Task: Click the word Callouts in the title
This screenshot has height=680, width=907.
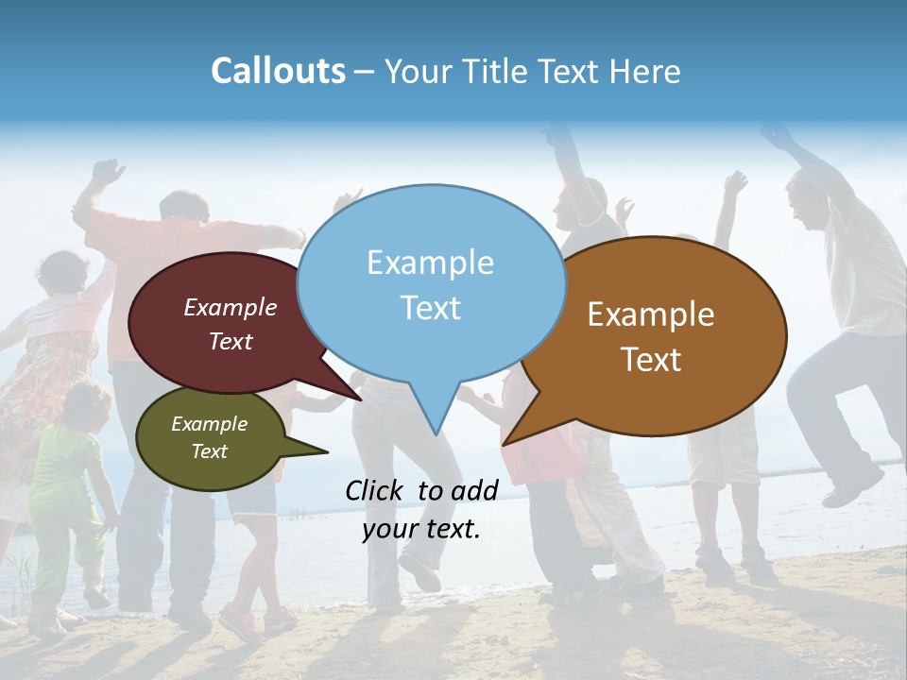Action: (x=278, y=72)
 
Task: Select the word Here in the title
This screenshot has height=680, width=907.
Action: (x=648, y=72)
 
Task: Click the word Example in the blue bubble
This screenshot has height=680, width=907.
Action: (x=430, y=263)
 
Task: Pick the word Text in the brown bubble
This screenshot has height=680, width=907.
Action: (x=652, y=359)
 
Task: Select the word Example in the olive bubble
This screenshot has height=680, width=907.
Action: (x=209, y=424)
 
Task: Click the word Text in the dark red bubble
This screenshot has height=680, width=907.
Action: (x=230, y=342)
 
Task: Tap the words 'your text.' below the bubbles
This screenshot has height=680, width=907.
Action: (x=421, y=529)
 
